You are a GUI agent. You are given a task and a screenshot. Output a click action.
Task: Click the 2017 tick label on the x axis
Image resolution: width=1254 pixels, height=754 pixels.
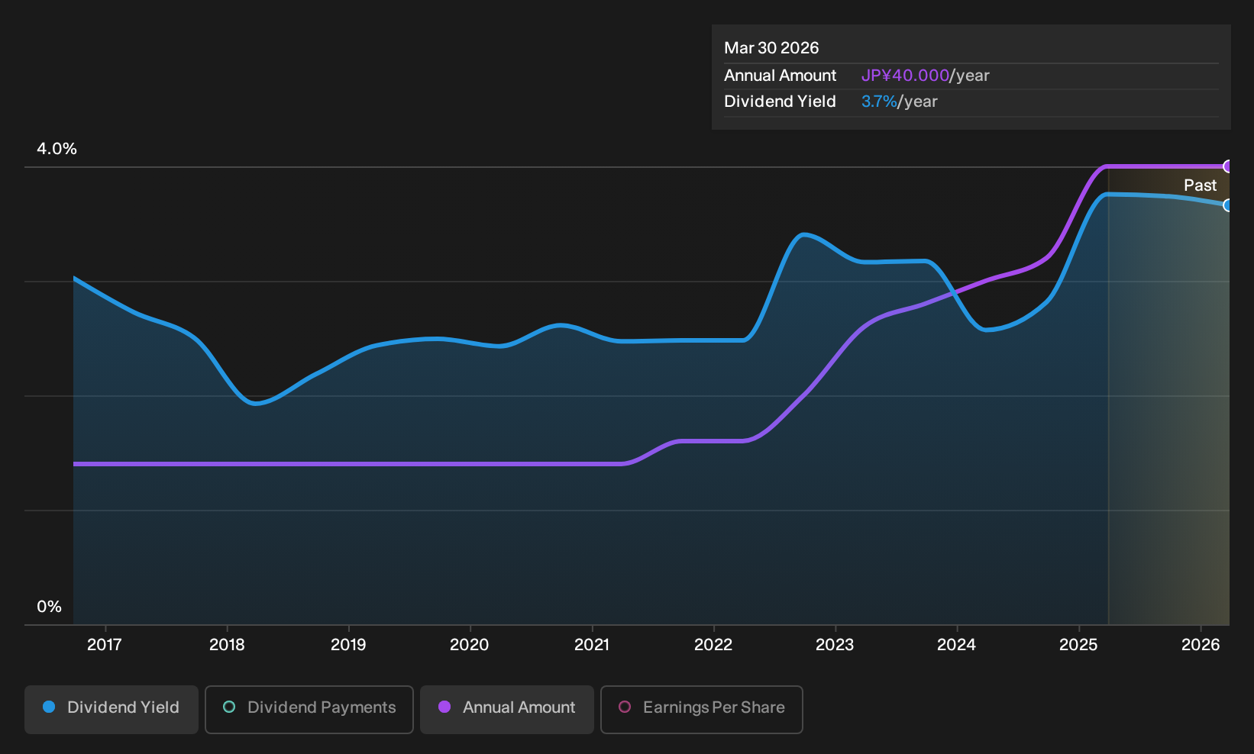[105, 645]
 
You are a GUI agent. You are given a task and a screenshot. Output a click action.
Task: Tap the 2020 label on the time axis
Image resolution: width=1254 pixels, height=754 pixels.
[470, 645]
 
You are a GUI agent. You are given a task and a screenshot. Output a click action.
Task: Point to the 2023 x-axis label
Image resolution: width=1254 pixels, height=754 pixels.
[835, 645]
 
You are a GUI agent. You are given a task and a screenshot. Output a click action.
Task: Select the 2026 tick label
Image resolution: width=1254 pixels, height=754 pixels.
[1201, 645]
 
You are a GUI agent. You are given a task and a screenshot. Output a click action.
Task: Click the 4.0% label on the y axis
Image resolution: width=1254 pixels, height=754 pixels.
[57, 149]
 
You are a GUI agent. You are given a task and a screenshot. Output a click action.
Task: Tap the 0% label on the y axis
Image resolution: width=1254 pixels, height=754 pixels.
[50, 607]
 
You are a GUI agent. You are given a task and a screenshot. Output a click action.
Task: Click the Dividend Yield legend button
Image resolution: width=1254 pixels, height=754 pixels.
[112, 709]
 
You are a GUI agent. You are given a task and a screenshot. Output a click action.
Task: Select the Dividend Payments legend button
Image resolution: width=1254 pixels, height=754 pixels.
[309, 709]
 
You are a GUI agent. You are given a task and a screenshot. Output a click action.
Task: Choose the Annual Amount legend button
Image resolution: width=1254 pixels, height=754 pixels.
[506, 709]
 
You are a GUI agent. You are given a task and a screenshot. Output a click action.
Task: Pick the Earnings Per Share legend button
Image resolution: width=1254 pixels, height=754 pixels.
[701, 709]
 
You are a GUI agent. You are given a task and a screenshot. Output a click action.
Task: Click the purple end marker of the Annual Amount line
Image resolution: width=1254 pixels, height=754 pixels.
[1228, 166]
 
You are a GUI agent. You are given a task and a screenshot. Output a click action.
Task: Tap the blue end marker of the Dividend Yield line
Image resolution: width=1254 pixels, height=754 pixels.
[1228, 205]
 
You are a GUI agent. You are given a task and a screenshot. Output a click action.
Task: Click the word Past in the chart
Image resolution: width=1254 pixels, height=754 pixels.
[1201, 185]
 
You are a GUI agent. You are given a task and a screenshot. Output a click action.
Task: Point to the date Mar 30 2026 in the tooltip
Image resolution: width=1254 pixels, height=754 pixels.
[771, 48]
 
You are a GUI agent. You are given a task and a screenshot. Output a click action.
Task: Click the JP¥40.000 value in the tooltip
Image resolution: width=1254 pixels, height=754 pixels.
[905, 76]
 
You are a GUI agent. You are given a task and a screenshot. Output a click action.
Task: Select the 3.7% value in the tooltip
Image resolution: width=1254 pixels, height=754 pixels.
[879, 101]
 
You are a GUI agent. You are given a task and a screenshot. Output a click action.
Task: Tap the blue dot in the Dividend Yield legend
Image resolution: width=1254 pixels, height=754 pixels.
[50, 707]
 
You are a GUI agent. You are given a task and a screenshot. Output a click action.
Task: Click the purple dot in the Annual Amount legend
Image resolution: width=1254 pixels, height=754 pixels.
[444, 707]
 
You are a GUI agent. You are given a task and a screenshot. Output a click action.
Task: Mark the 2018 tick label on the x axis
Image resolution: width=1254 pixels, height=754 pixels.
[227, 645]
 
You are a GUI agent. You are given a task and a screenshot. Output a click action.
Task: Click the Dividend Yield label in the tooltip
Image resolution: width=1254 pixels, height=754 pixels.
[780, 101]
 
